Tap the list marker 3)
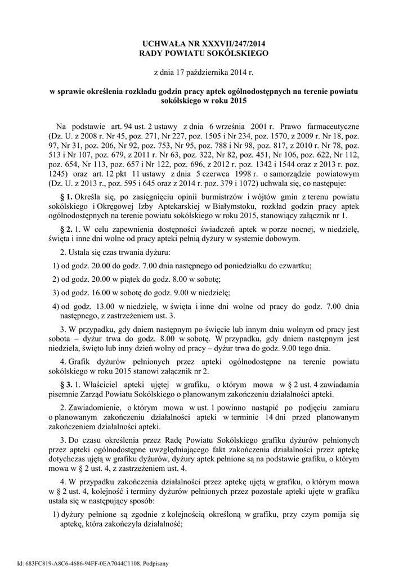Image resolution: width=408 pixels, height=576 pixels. pos(56,293)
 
